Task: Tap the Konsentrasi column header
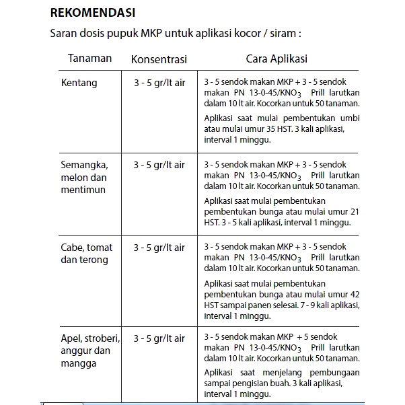pos(159,59)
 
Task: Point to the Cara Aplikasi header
pos(277,59)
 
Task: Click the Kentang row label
pos(79,83)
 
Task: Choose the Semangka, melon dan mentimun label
pos(84,176)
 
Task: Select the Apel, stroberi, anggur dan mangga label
pos(90,351)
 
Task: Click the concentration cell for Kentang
pos(159,83)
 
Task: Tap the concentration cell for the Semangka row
pos(159,164)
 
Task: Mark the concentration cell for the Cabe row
pos(159,248)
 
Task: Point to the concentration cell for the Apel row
pos(159,338)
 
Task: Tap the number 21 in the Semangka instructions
pos(355,211)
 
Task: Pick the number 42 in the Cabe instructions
pos(355,295)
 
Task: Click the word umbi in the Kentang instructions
pos(351,118)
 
